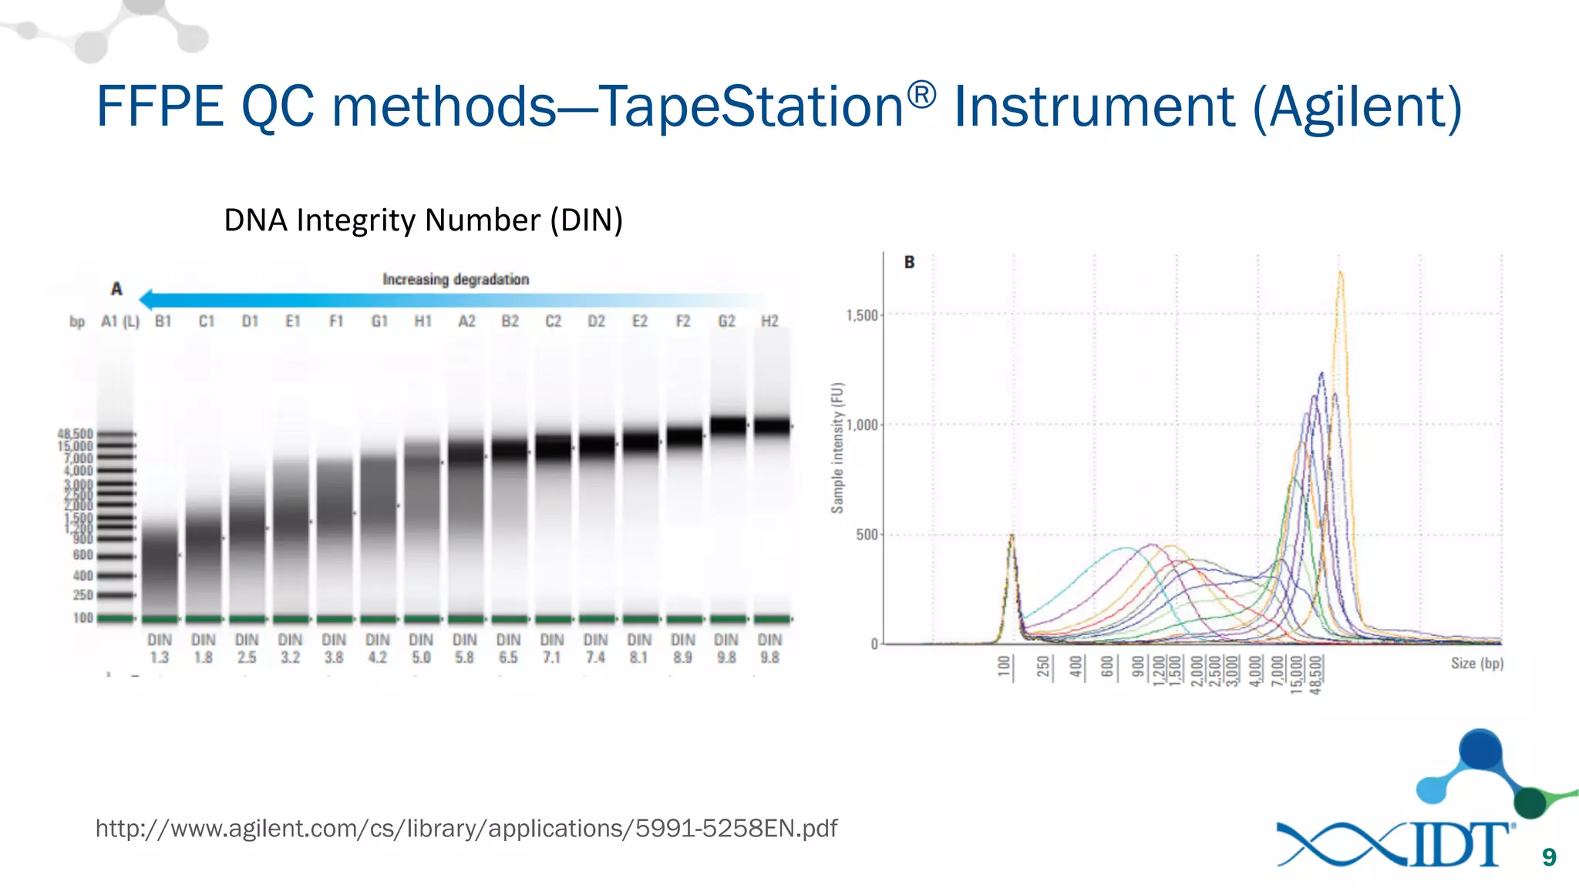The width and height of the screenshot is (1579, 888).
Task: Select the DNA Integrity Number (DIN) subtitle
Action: point(423,220)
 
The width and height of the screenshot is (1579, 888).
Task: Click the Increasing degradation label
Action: point(456,279)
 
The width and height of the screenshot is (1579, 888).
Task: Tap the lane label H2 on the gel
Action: point(769,321)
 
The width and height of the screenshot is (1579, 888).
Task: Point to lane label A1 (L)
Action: point(120,321)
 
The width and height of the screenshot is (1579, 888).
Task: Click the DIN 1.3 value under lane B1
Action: point(160,648)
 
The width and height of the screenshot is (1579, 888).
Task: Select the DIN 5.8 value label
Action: point(464,648)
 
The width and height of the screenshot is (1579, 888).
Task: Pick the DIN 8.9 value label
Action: point(682,648)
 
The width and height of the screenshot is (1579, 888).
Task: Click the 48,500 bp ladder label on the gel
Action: point(75,434)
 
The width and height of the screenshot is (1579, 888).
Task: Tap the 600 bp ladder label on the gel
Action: point(82,555)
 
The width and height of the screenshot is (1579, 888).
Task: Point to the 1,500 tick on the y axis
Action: point(862,315)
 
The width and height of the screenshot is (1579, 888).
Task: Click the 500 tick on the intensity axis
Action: point(867,534)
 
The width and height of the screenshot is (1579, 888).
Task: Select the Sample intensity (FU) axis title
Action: point(837,448)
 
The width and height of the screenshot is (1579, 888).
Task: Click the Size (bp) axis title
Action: point(1476,663)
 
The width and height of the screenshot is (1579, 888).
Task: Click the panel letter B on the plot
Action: point(909,263)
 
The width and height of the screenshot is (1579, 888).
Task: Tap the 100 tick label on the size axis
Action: point(1003,666)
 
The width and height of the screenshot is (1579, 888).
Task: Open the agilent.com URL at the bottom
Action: point(466,829)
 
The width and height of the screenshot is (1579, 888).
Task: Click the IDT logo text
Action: point(1459,845)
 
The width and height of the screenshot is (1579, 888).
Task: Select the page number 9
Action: point(1549,857)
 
